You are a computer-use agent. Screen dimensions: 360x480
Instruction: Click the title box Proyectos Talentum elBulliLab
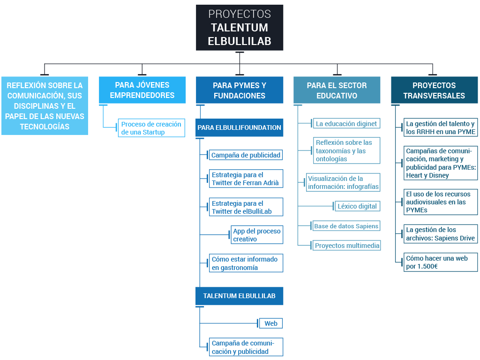click(240, 28)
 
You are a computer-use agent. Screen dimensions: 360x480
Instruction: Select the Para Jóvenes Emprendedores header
click(142, 90)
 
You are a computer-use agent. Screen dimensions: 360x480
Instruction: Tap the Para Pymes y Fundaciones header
click(240, 90)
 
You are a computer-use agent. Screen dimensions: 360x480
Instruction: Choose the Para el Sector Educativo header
click(337, 90)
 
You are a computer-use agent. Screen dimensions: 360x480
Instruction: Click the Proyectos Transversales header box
click(434, 90)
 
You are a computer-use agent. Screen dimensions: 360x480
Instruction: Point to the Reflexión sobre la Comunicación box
click(45, 106)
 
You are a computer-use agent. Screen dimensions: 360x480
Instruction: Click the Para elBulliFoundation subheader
click(240, 127)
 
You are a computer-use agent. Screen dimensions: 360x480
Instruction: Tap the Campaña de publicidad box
click(246, 155)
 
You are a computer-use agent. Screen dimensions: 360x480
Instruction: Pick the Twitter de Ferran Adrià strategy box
click(246, 179)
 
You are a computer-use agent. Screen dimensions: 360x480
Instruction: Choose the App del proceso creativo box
click(257, 235)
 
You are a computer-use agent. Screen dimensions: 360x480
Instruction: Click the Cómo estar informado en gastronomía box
click(246, 263)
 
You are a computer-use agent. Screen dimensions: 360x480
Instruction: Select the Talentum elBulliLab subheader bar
click(240, 296)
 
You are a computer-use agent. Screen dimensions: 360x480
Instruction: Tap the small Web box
click(271, 323)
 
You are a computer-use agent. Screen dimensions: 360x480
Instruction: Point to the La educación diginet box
click(346, 124)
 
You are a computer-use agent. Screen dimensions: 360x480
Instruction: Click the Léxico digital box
click(357, 206)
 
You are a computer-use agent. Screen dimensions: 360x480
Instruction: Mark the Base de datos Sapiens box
click(346, 226)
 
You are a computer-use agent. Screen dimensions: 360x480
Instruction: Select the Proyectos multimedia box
click(347, 246)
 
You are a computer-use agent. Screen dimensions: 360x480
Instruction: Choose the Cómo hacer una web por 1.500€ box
click(441, 262)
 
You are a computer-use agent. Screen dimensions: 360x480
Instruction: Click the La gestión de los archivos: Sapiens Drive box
click(441, 234)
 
